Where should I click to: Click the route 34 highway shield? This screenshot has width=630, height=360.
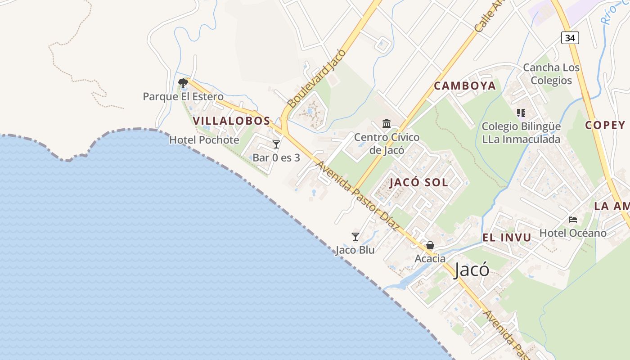(570, 38)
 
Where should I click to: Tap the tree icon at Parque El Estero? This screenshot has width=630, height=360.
(183, 83)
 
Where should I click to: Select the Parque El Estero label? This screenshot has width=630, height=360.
(183, 96)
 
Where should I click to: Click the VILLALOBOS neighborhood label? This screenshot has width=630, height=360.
(231, 121)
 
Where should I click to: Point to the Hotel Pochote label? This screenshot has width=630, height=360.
(204, 140)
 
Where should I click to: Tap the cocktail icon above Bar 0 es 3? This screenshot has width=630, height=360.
(276, 144)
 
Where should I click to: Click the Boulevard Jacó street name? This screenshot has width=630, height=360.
(317, 78)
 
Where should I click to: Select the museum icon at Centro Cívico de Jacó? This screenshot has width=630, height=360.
(386, 123)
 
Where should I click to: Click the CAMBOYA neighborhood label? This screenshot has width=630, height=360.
(465, 86)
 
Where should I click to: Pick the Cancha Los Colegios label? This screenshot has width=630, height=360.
(551, 74)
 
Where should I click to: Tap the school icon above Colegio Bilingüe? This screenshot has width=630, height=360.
(521, 113)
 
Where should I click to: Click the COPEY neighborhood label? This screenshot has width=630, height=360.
(605, 125)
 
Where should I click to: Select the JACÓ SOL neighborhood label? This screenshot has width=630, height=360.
(418, 182)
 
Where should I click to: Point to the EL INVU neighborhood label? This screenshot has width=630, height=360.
(507, 237)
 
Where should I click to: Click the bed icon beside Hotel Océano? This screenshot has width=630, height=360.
(573, 220)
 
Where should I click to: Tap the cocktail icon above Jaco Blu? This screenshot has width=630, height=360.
(355, 236)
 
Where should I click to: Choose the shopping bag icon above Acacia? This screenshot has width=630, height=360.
(430, 245)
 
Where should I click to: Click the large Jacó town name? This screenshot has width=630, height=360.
(472, 270)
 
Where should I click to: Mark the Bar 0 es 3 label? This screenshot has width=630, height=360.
(276, 157)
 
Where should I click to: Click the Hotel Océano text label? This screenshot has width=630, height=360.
(573, 233)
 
